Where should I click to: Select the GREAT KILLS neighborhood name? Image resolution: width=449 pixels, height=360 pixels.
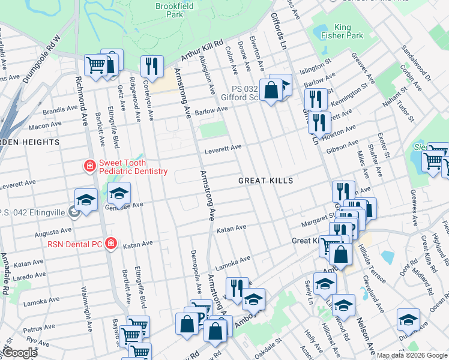coord(265,181)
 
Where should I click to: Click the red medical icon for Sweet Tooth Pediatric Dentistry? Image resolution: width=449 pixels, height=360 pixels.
coord(89,166)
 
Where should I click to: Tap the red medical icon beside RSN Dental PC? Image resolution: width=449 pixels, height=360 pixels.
coord(110,244)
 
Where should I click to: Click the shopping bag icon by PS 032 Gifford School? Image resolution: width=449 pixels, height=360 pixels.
coord(271,91)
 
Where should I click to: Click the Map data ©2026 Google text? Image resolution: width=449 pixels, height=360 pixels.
coord(412,355)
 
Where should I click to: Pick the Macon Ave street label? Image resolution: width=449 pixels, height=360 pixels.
coord(46,126)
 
